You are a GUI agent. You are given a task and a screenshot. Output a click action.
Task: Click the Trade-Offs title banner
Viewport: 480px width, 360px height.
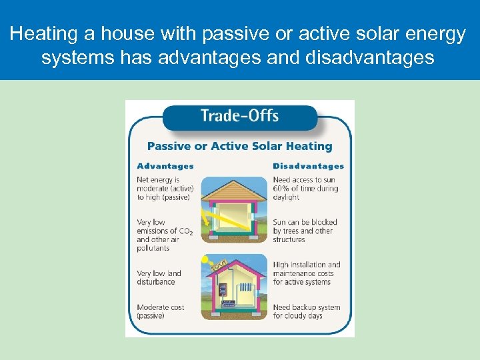(x=239, y=116)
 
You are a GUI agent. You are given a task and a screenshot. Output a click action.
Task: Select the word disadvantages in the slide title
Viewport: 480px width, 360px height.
(x=369, y=57)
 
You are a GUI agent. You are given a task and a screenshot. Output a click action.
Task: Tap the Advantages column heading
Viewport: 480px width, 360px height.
(x=165, y=166)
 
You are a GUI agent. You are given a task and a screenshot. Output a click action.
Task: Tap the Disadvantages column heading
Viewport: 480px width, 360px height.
(x=308, y=166)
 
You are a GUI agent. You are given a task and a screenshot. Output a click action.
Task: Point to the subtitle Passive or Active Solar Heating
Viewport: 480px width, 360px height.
(x=239, y=146)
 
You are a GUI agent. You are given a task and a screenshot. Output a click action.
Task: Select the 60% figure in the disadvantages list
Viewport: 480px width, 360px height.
(x=281, y=189)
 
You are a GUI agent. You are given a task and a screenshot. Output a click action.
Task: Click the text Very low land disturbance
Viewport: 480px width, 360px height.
(x=160, y=277)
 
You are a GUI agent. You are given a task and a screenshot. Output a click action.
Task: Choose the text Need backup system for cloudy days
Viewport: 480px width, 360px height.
(x=306, y=311)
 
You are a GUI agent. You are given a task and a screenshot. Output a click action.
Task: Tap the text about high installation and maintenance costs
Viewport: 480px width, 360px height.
(x=306, y=273)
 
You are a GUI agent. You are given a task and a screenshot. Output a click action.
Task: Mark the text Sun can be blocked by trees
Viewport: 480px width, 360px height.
(x=305, y=231)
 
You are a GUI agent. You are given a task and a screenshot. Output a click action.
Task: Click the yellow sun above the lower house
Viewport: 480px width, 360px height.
(x=207, y=259)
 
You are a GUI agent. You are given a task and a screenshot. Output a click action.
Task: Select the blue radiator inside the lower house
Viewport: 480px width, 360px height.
(x=245, y=290)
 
